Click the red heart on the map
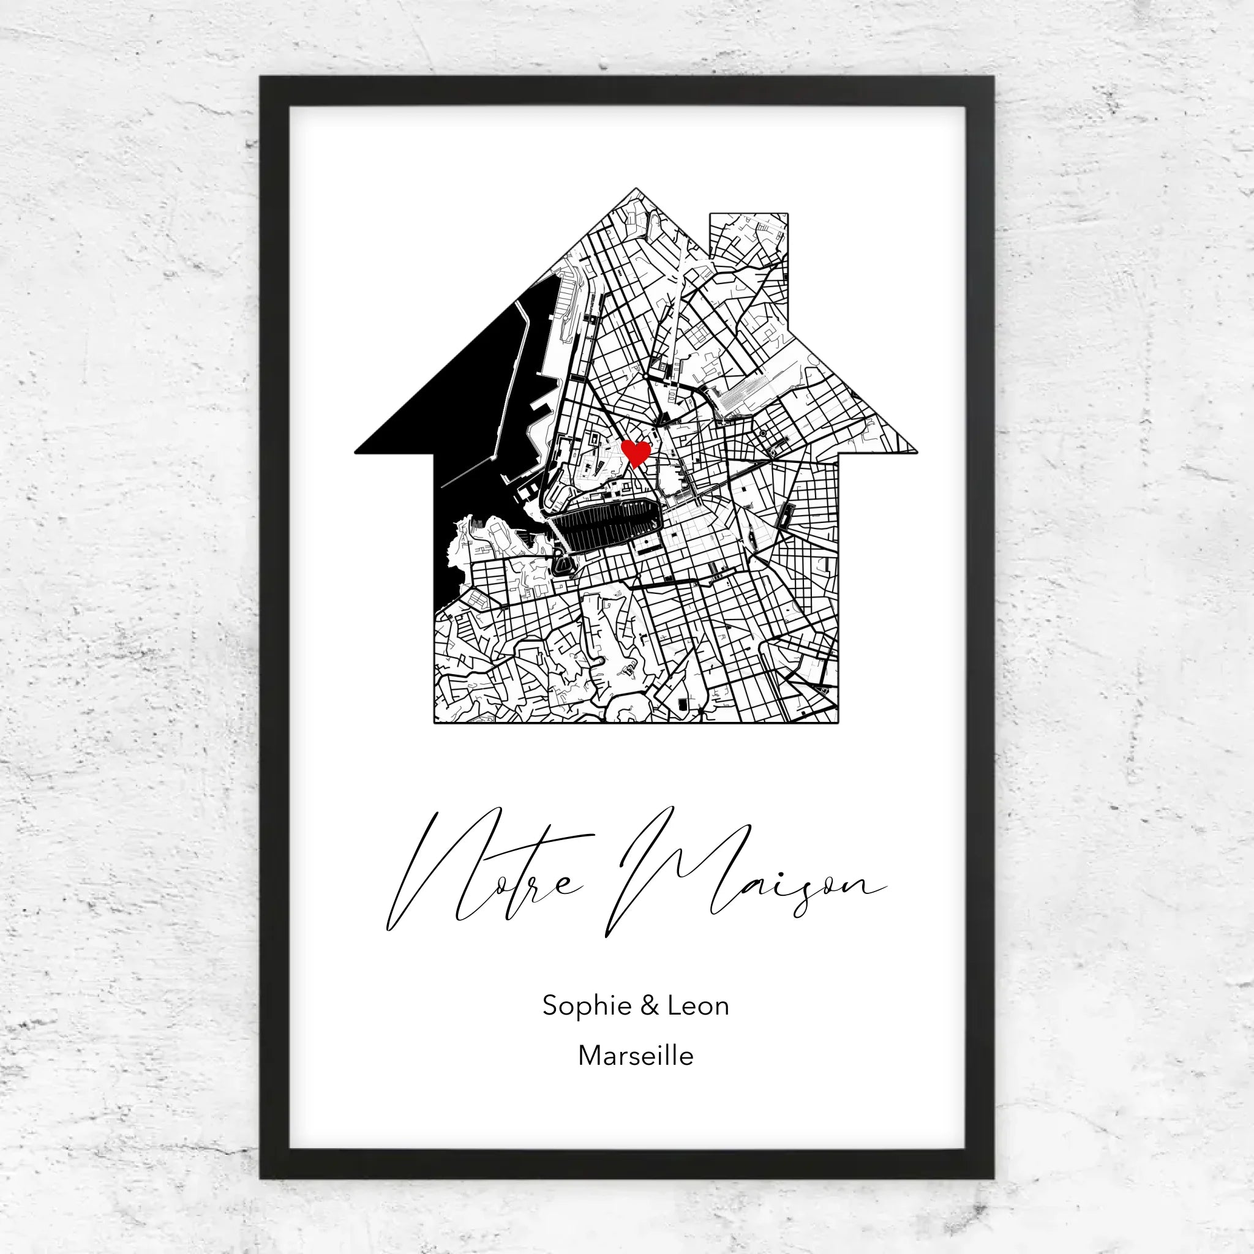coord(636,452)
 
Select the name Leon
coord(699,1005)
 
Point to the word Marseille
coord(636,1056)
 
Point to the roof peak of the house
coord(636,191)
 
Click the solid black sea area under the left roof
coord(467,415)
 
